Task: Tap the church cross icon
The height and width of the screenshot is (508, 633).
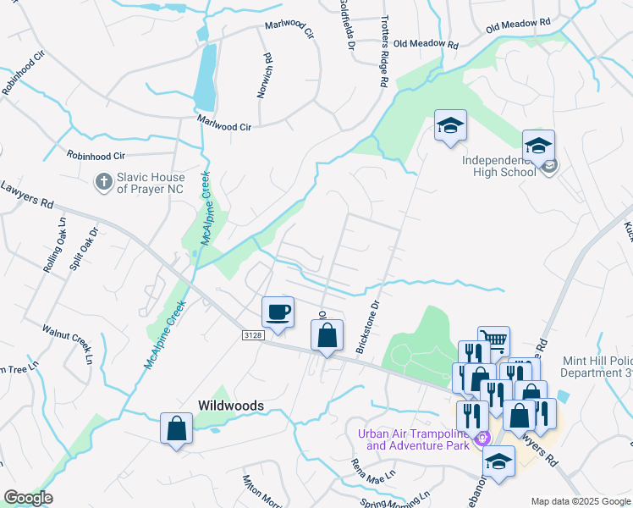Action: click(103, 181)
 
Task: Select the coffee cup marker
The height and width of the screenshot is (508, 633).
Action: click(278, 312)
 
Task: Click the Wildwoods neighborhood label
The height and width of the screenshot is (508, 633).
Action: click(231, 406)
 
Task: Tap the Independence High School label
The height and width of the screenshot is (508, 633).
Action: click(498, 166)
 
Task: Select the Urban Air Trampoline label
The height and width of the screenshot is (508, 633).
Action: click(413, 439)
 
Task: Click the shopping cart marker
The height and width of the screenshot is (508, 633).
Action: click(493, 341)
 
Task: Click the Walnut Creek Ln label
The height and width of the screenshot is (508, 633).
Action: click(67, 342)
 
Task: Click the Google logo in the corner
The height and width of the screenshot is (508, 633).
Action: click(28, 498)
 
